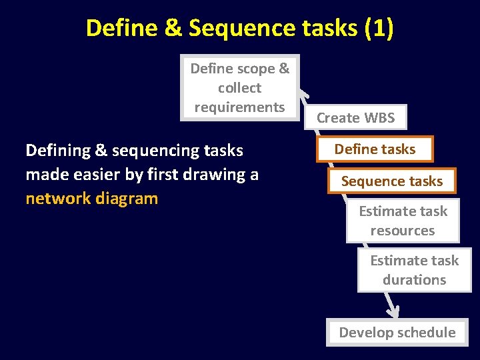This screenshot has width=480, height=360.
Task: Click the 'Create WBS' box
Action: click(x=355, y=118)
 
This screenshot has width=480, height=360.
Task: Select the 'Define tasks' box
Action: click(x=375, y=149)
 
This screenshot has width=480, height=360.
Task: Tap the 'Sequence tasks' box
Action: click(x=392, y=181)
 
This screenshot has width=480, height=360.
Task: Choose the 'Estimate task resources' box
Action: click(x=403, y=221)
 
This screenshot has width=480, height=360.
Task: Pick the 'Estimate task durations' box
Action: click(x=414, y=270)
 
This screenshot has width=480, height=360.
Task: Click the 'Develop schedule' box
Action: click(x=397, y=333)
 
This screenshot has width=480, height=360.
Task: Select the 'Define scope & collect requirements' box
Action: click(x=240, y=87)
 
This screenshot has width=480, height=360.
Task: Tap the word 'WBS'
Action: click(x=379, y=118)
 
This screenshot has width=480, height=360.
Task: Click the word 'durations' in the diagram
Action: click(x=414, y=280)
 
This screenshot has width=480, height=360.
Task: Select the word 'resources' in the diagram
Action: click(x=403, y=231)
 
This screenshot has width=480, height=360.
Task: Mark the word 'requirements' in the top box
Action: click(x=240, y=107)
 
